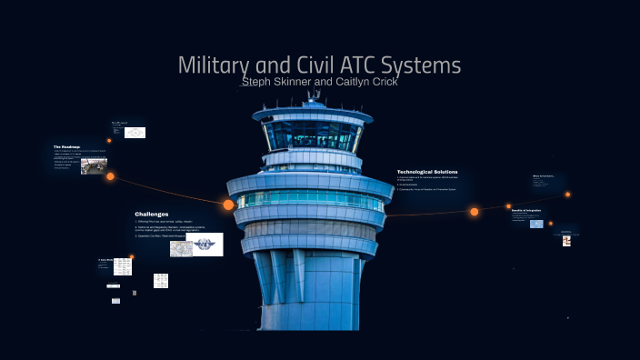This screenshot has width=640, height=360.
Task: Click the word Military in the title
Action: point(210,65)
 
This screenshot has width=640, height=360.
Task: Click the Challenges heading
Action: point(152,214)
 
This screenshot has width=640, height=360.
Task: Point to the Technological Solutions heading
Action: point(427,172)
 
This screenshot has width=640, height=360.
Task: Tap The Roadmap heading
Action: point(66,146)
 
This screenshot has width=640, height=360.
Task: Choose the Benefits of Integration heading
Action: point(526,209)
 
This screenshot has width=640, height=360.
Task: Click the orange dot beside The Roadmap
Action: point(110,176)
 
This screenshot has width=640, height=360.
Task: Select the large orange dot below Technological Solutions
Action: point(474,212)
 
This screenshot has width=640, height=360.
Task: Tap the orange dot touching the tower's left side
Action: point(228,205)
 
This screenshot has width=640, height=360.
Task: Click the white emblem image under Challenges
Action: point(205,244)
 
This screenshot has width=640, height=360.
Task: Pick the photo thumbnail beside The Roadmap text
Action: point(94,165)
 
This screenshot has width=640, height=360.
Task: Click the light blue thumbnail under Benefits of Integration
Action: point(536,223)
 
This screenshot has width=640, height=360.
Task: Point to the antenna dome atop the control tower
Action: point(315,95)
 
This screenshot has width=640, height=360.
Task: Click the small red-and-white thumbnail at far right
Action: point(566,241)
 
